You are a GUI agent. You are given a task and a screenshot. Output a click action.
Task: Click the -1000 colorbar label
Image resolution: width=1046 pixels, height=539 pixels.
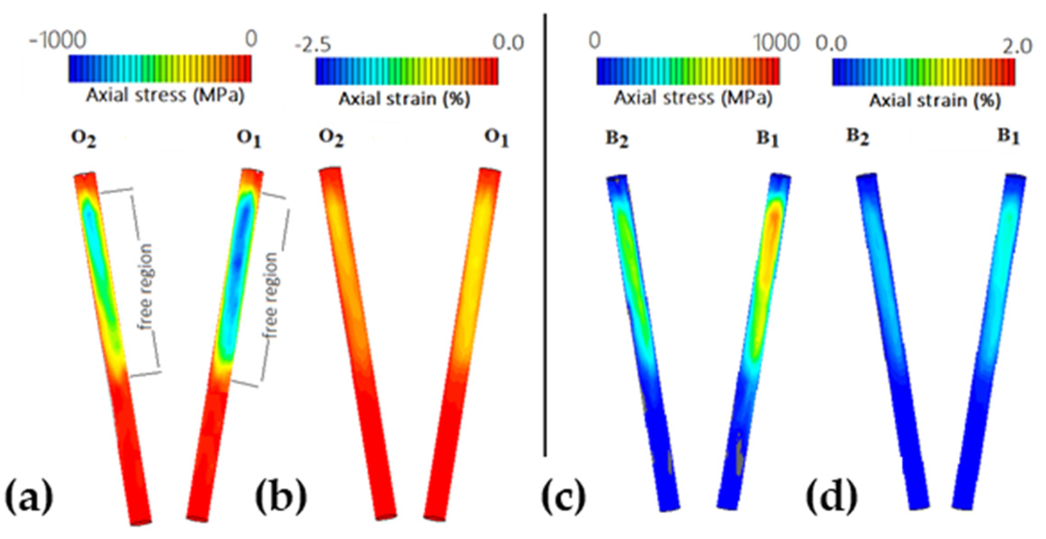pos(58,41)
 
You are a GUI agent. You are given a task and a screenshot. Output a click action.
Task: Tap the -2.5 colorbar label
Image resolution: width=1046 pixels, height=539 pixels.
pos(313,45)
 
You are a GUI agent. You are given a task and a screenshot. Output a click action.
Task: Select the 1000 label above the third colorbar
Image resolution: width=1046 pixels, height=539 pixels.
pos(776,43)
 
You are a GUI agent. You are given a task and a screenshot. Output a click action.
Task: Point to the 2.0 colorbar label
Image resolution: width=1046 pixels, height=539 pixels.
pos(1017,46)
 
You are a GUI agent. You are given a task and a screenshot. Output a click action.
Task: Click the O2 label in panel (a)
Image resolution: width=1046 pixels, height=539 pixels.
pos(84,138)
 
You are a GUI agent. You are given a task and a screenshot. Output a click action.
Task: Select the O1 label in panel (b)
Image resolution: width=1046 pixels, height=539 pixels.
pos(496,138)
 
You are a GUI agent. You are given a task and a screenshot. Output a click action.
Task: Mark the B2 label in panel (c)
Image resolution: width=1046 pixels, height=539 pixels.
pos(617,139)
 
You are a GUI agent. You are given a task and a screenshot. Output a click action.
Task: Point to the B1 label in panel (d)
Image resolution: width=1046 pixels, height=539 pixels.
pos(1008,136)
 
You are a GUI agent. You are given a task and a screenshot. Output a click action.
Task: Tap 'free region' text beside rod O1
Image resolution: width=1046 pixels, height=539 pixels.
pos(271,295)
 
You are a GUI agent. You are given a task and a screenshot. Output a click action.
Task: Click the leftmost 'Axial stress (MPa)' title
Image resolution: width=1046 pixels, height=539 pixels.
pos(165,95)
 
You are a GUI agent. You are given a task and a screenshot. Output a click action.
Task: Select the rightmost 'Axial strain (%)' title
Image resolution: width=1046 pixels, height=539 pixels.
pos(934,100)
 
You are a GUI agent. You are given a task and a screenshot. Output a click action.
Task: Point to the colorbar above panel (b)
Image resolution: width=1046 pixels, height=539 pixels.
pos(407,71)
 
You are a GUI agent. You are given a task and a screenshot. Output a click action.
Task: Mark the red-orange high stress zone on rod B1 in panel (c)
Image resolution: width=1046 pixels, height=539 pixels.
pos(772,232)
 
